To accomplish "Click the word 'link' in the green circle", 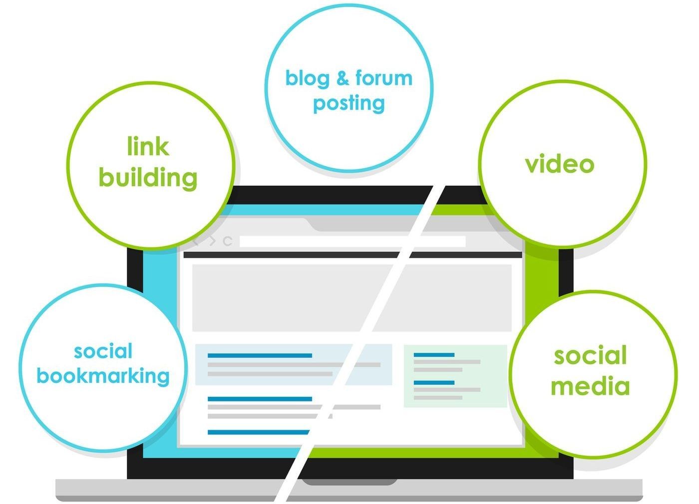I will (x=148, y=146).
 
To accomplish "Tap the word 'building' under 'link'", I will (x=148, y=178).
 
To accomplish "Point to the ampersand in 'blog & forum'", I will (x=342, y=78).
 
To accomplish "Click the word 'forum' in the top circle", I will (x=384, y=78).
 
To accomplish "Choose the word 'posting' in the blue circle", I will (x=349, y=104).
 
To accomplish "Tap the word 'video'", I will (x=560, y=164).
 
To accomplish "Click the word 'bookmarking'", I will (x=103, y=376).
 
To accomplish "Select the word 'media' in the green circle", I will (x=590, y=386).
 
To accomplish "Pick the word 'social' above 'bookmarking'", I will (x=103, y=351).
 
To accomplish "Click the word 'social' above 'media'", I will (x=590, y=356).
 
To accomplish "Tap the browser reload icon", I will (x=228, y=242).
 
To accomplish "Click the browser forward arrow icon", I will (x=212, y=242).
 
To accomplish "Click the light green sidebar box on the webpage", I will (x=455, y=376).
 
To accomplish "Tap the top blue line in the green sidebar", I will (x=434, y=355).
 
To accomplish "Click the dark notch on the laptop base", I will (x=349, y=482).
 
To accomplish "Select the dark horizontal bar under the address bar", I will (x=300, y=255).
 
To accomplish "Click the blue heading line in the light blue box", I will (x=260, y=355).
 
